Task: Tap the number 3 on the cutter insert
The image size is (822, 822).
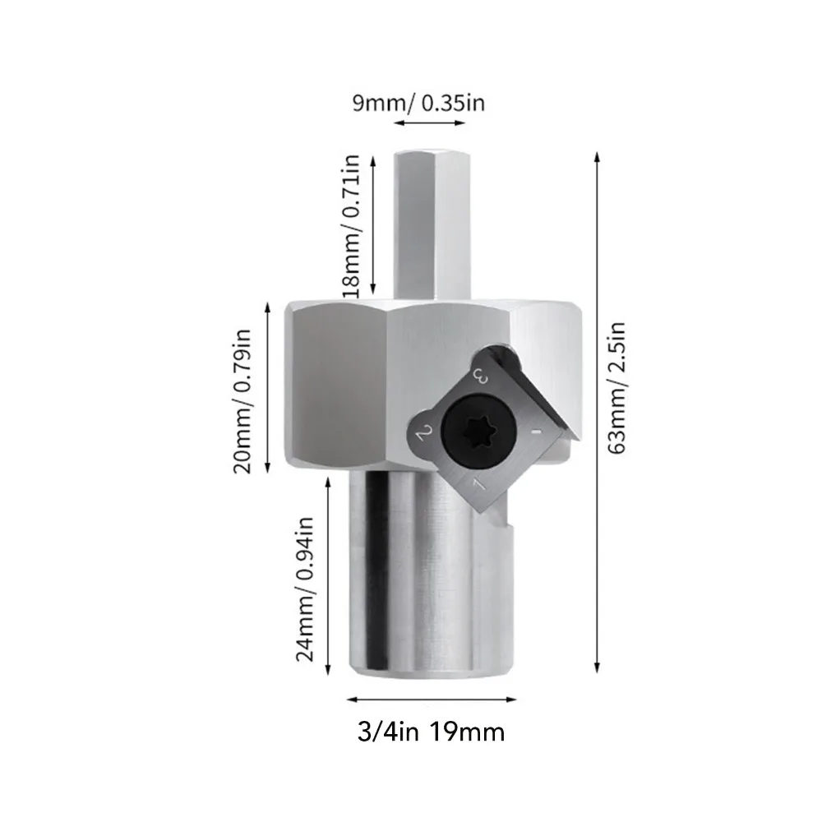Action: pos(483,377)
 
